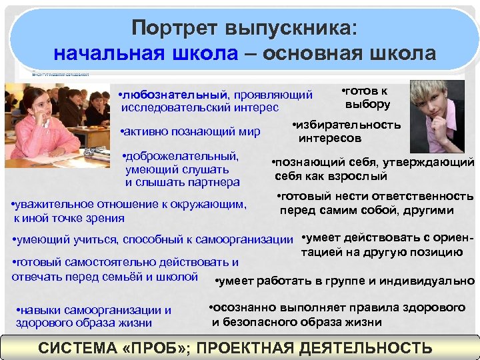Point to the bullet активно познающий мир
pos(189,131)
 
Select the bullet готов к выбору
pos(366,98)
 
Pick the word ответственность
pos(420,197)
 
